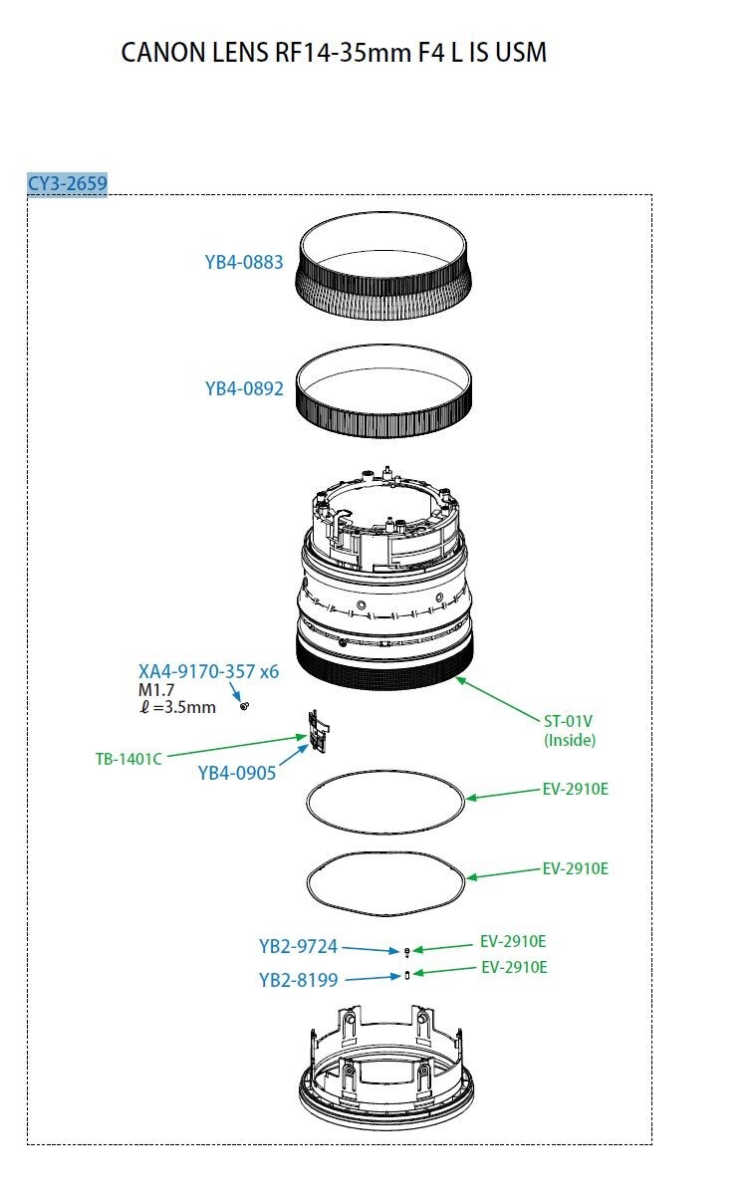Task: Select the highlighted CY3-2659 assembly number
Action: pos(67,183)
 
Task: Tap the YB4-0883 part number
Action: pos(244,263)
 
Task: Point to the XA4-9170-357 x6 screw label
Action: pos(208,672)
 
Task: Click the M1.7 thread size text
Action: pos(154,690)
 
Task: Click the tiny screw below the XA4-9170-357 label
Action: pos(245,706)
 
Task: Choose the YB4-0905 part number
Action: pos(237,773)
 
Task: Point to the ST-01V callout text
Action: pos(568,721)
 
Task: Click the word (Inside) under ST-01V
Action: pos(570,740)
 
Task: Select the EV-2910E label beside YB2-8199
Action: pos(514,967)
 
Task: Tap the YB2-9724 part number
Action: pos(298,946)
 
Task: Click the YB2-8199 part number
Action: pos(298,980)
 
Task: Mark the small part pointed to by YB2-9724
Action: pos(406,952)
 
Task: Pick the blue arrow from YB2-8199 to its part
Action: pos(373,977)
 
